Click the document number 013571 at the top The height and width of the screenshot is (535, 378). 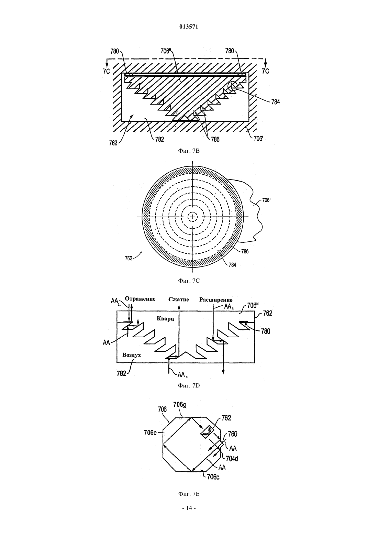(x=189, y=27)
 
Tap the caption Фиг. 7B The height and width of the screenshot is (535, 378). (x=189, y=151)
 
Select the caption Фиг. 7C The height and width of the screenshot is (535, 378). (x=189, y=281)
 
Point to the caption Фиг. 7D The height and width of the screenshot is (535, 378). (x=189, y=385)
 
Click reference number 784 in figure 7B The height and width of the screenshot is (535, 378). (x=275, y=102)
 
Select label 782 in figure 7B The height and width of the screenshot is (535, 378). (x=159, y=139)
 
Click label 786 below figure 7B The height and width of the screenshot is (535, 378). (x=215, y=139)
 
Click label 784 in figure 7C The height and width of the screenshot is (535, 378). (x=232, y=265)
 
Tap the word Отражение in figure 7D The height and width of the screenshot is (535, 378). (x=140, y=299)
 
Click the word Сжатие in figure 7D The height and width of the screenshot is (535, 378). (x=179, y=299)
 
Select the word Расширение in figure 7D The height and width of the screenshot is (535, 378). (x=216, y=300)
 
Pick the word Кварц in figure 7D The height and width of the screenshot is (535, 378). (x=165, y=319)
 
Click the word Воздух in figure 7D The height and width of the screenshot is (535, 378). (x=132, y=355)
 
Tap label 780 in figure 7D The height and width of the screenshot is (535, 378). (x=266, y=331)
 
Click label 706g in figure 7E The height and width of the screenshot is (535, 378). (x=180, y=405)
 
